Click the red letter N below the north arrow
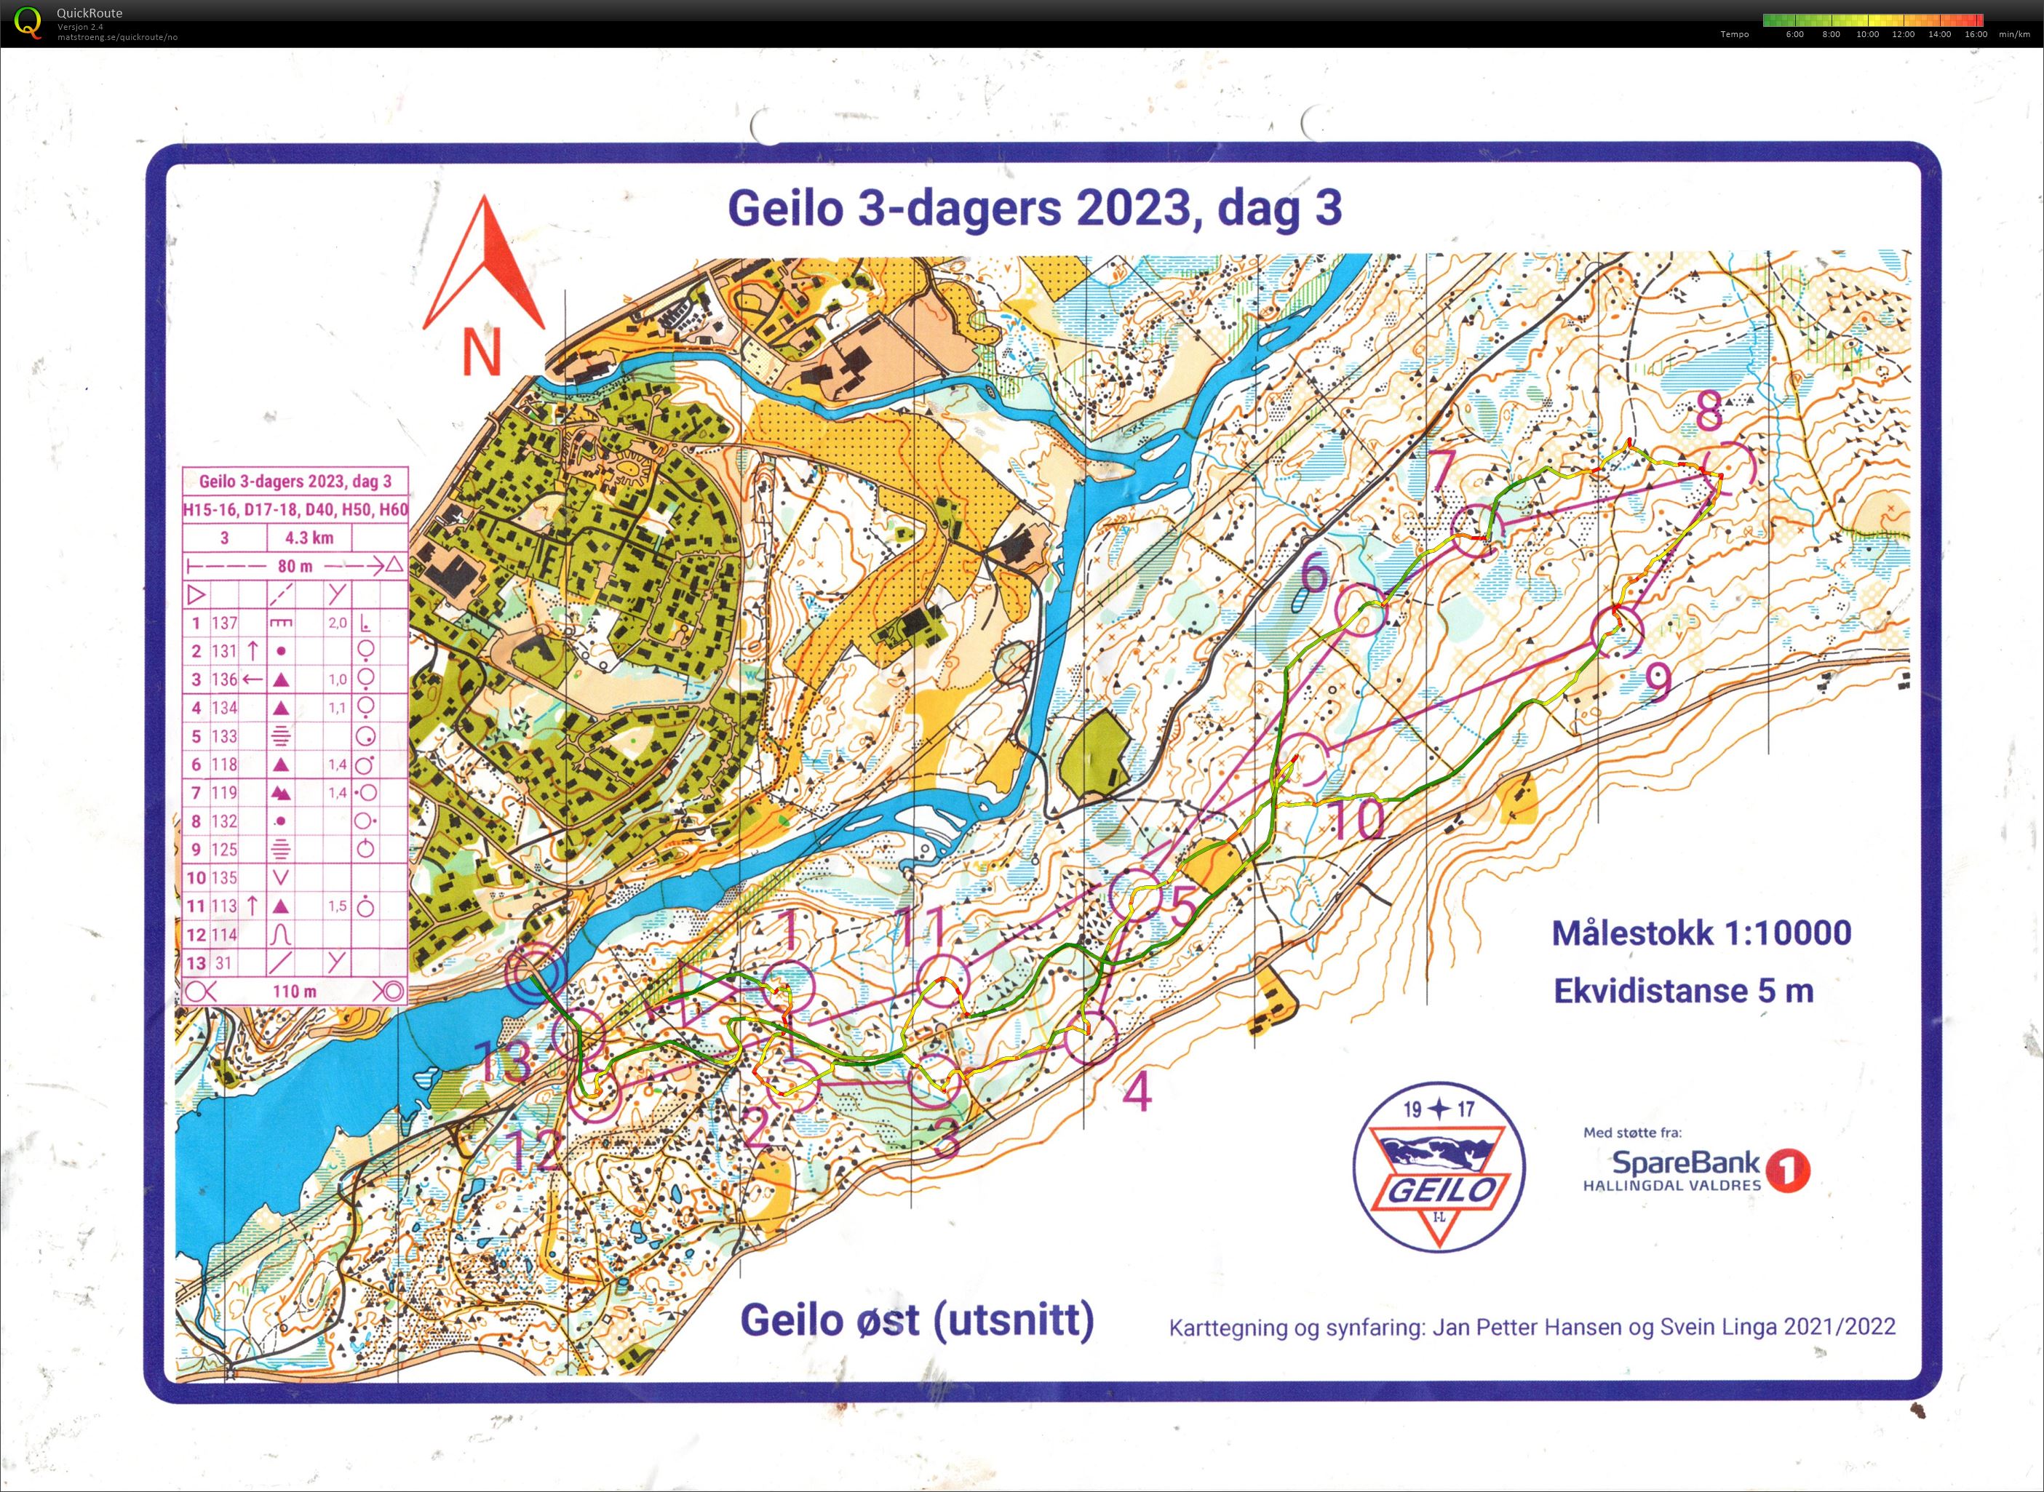[482, 351]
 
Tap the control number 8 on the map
[1709, 412]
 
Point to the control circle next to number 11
[944, 979]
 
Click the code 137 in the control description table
[224, 623]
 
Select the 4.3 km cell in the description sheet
[309, 538]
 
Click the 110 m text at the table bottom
[295, 992]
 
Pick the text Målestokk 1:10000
[1701, 933]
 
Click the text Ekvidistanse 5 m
[1682, 991]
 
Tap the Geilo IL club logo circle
[1438, 1166]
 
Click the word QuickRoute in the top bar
[90, 12]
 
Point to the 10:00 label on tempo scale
[1867, 34]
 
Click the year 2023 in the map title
[1133, 209]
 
